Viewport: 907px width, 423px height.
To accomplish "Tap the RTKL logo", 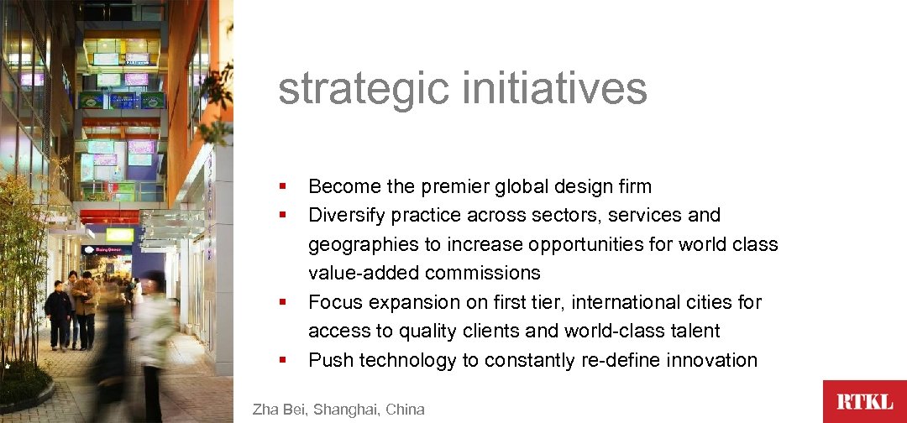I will [864, 401].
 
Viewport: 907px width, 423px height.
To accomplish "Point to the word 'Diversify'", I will [348, 215].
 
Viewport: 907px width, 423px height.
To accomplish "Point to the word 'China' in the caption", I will [405, 410].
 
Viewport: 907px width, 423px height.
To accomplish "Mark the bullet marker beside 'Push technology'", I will [284, 360].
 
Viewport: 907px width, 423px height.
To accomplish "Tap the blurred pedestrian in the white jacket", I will [154, 336].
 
